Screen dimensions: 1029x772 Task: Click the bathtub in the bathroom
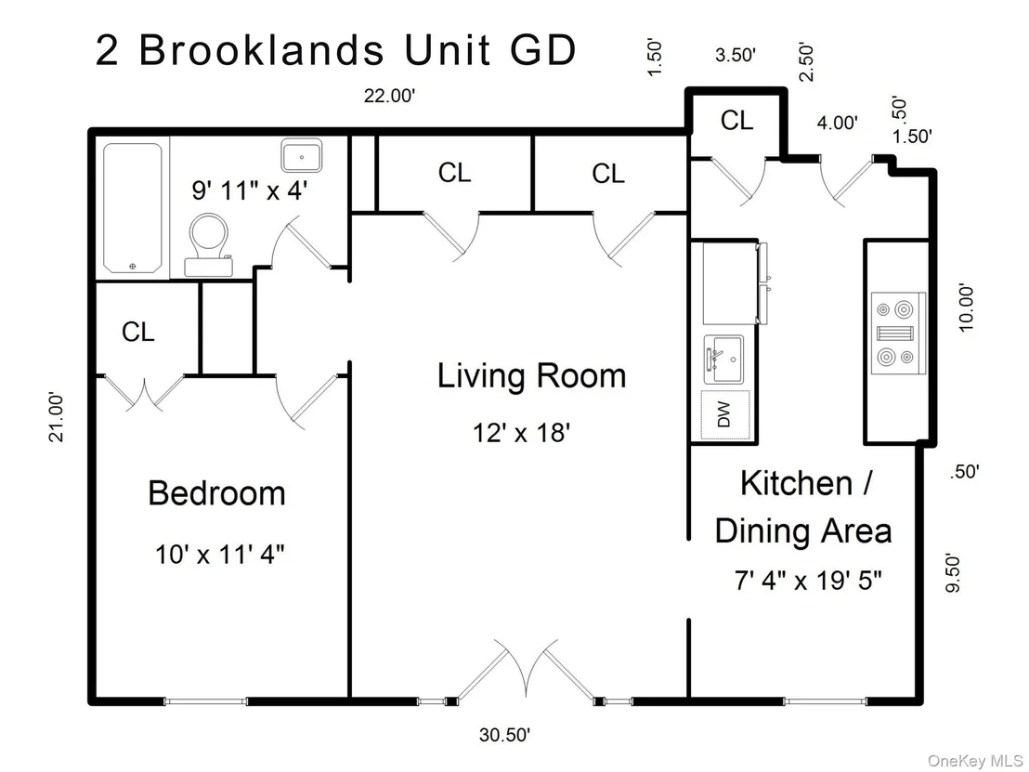tap(133, 208)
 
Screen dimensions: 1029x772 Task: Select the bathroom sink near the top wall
tap(301, 155)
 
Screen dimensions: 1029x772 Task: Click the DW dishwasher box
tap(725, 414)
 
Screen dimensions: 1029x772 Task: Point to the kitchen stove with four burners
tap(896, 333)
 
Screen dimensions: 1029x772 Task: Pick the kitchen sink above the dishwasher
tap(723, 360)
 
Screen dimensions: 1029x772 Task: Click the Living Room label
tap(531, 376)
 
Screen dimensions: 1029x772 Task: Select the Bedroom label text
tap(216, 493)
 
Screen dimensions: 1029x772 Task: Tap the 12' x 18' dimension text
tap(521, 433)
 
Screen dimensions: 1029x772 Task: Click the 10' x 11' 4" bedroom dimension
tap(219, 554)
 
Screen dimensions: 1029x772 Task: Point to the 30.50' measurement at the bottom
tap(504, 735)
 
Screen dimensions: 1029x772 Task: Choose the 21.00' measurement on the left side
tap(57, 417)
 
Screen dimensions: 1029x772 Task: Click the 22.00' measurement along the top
tap(390, 96)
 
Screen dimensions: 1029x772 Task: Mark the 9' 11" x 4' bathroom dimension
tap(250, 190)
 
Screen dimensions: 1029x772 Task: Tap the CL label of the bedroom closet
tap(137, 333)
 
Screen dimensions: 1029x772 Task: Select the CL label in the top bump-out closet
tap(736, 121)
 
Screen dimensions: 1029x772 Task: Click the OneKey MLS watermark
tap(974, 761)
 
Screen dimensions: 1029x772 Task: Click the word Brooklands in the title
tap(261, 49)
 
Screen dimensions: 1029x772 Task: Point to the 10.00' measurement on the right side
tap(966, 307)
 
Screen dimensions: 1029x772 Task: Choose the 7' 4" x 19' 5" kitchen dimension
tap(807, 581)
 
